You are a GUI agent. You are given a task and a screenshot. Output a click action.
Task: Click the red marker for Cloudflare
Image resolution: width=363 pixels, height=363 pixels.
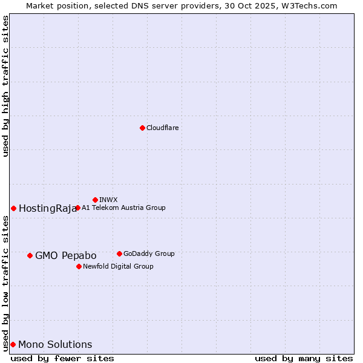[142, 128]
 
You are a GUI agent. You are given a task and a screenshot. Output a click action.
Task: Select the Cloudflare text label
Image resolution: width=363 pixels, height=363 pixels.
[162, 128]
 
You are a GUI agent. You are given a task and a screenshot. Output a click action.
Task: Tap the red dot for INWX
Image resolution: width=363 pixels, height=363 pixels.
[95, 200]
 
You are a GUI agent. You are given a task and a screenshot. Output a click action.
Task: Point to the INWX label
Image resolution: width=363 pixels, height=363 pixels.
[108, 200]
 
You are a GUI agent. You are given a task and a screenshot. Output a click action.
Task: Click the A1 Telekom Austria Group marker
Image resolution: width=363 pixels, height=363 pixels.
[77, 208]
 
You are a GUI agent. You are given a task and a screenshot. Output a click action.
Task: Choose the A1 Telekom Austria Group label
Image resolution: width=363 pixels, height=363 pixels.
[123, 208]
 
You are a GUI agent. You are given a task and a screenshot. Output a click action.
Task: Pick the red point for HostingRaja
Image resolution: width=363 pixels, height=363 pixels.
[13, 208]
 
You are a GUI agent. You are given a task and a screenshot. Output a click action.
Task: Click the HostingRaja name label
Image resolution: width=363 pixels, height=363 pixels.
[47, 209]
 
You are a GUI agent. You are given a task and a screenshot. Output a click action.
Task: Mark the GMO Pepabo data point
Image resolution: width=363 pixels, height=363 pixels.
[30, 255]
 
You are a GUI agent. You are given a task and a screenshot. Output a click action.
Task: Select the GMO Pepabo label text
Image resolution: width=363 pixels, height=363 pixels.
[65, 256]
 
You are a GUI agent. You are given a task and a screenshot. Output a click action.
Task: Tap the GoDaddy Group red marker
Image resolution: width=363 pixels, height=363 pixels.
[119, 253]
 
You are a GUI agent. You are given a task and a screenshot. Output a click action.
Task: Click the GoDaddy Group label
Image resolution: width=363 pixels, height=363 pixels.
[149, 253]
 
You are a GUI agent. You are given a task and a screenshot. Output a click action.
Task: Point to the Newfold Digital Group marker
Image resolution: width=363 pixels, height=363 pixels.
[79, 266]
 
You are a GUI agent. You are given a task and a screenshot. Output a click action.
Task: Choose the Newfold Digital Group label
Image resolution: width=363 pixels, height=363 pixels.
[118, 266]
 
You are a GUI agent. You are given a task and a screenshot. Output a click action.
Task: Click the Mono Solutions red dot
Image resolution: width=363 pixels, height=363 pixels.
[13, 344]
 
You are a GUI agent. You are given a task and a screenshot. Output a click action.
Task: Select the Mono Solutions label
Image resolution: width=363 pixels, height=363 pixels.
[55, 345]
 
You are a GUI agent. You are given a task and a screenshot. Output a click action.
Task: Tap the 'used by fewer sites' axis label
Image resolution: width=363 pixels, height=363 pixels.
[62, 358]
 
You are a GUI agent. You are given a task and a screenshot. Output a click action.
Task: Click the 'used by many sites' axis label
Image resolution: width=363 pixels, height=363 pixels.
[304, 358]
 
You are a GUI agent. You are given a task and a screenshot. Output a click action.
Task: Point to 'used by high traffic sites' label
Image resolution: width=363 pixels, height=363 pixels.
[5, 86]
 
